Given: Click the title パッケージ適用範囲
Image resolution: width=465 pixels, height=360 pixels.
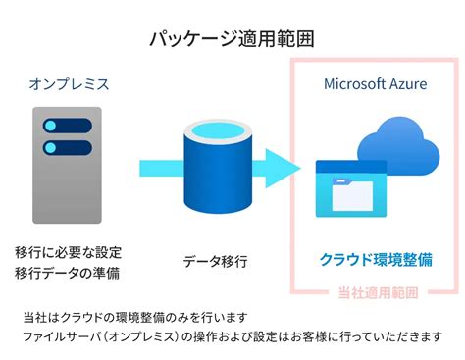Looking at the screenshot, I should [232, 38].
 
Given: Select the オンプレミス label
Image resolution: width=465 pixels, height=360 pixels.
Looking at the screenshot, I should [68, 84].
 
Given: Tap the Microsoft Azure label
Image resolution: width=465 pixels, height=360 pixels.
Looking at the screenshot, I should [375, 84].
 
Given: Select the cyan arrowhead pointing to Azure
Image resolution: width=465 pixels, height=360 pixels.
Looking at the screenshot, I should [285, 168].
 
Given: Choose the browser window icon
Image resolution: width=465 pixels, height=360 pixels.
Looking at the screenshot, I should [348, 187].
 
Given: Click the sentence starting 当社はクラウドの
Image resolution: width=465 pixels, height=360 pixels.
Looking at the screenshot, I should [134, 318].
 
